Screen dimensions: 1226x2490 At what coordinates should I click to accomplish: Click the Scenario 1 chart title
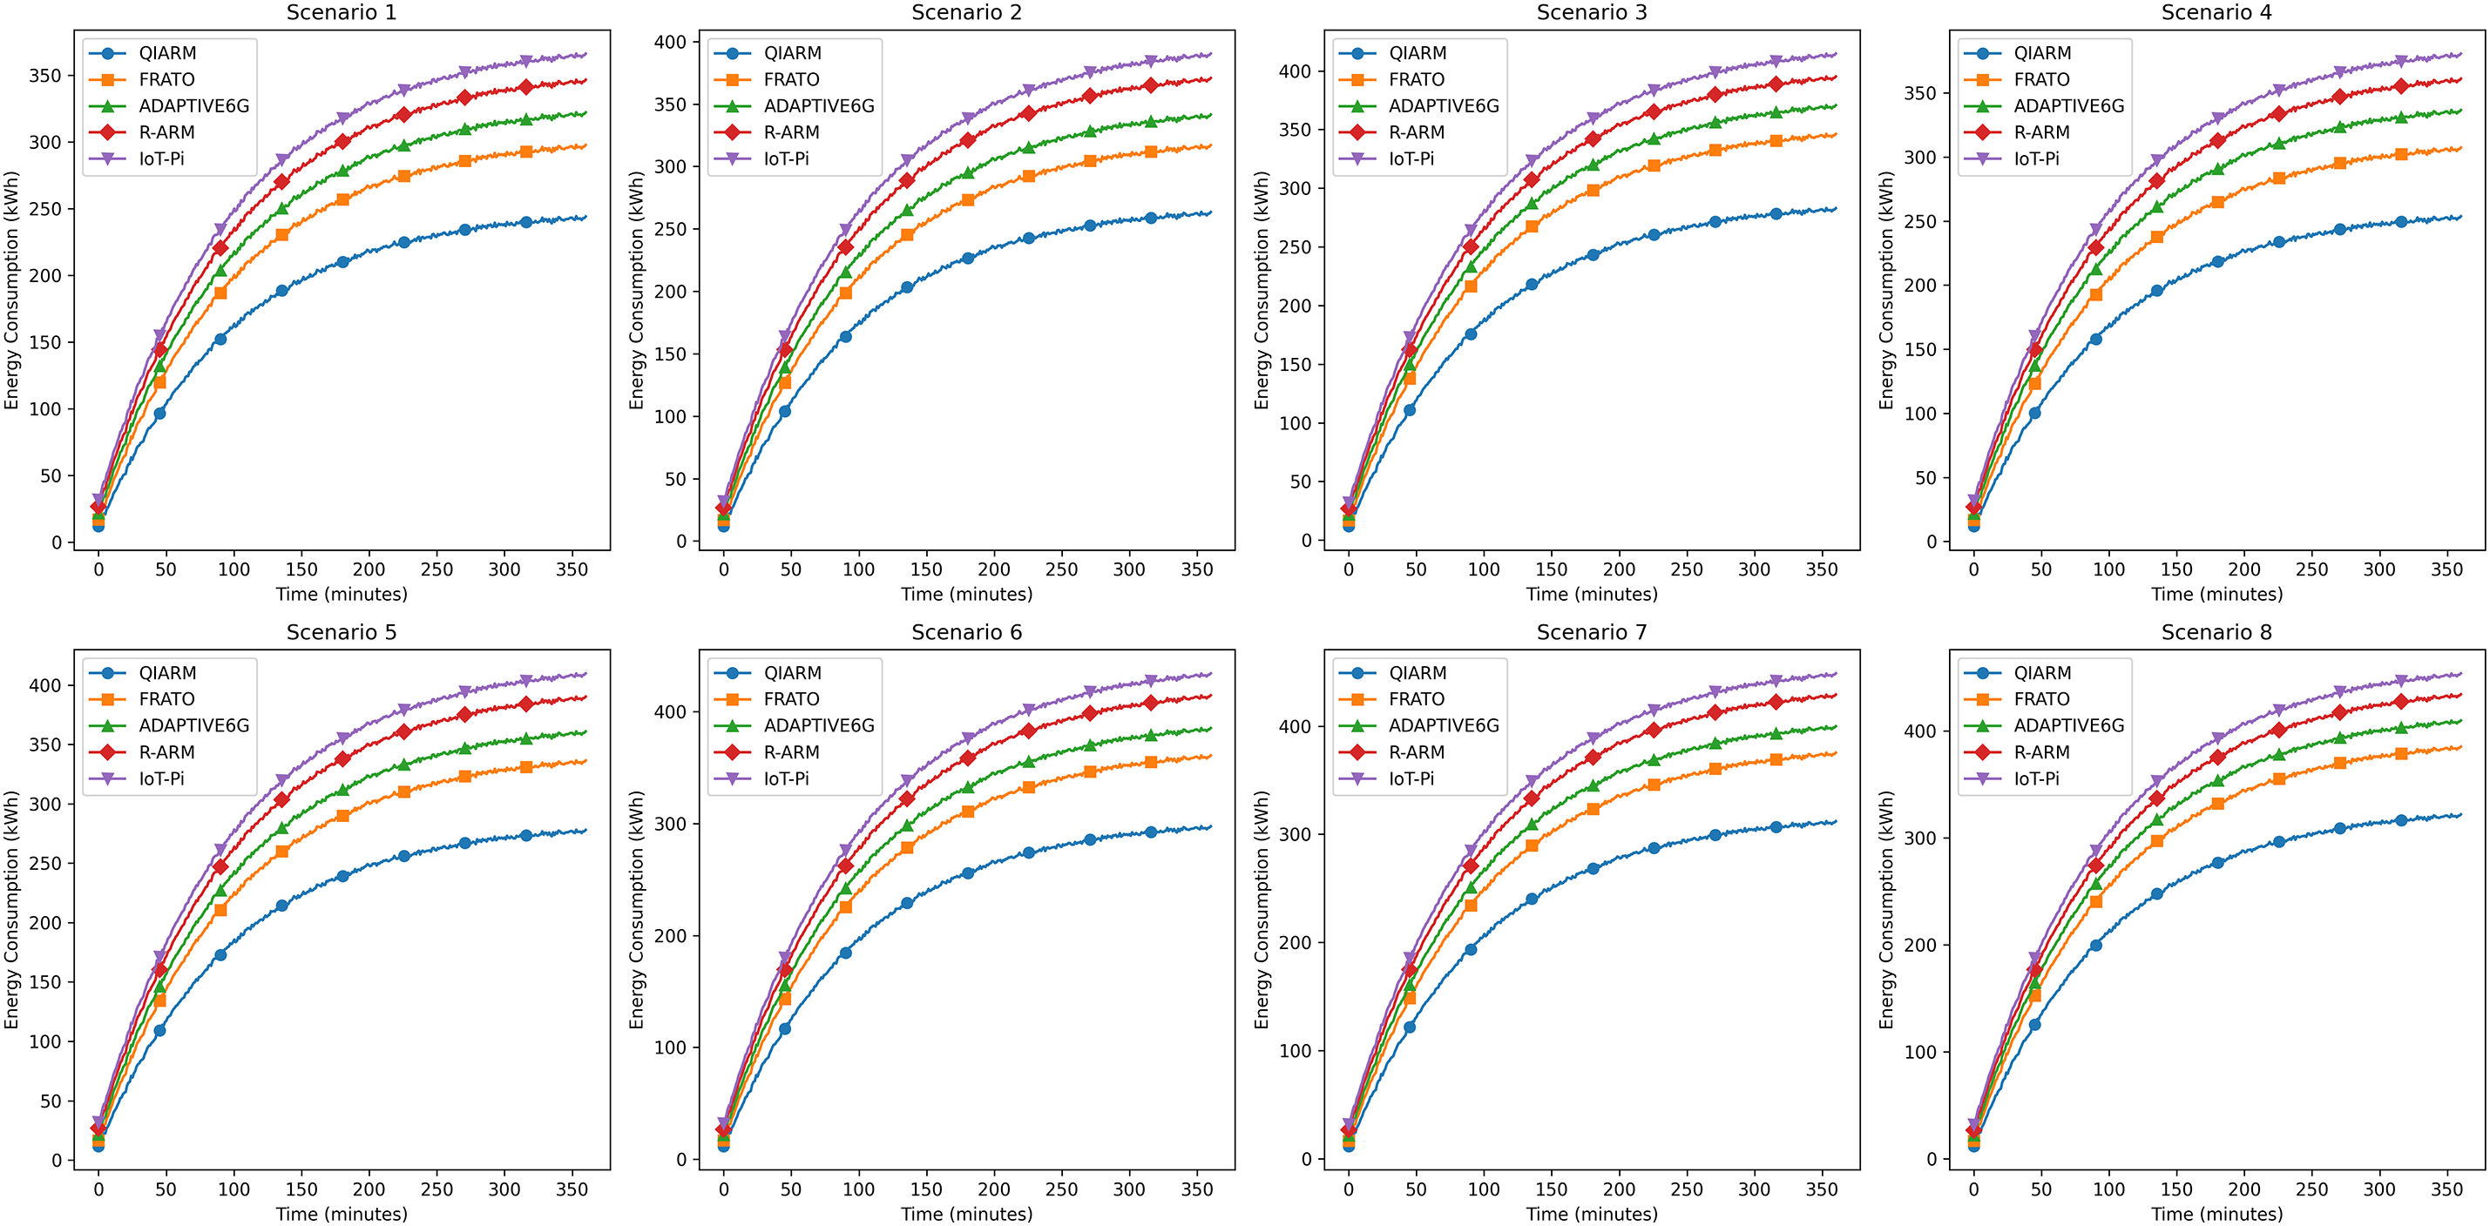pos(342,12)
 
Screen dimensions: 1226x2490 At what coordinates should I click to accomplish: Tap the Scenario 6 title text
pos(965,632)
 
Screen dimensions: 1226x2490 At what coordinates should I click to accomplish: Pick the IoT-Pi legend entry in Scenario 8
pos(2036,778)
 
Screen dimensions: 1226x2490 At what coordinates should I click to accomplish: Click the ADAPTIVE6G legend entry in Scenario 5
pos(193,725)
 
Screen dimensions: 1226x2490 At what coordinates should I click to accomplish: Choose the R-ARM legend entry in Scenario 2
pos(791,132)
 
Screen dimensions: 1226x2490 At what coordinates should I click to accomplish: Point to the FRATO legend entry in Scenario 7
pos(1416,698)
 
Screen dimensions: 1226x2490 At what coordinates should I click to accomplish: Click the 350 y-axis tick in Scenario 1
pos(44,76)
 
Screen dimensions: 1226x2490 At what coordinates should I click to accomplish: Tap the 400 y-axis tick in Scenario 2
pos(670,42)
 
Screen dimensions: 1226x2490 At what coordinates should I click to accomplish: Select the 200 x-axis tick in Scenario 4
pos(2243,570)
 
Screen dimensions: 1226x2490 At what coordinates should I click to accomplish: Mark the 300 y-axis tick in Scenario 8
pos(1919,838)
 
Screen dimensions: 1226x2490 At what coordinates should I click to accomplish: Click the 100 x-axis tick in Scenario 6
pos(858,1189)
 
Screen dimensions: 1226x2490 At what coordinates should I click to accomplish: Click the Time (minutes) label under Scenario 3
pos(1591,594)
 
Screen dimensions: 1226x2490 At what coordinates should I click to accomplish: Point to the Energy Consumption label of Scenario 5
pos(11,909)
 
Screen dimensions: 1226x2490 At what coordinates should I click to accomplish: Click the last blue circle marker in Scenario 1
pos(526,222)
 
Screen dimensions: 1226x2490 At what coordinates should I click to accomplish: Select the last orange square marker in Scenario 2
pos(1150,152)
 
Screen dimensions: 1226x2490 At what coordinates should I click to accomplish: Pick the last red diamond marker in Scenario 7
pos(1776,703)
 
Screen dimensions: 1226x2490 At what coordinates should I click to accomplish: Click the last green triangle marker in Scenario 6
pos(1150,735)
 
